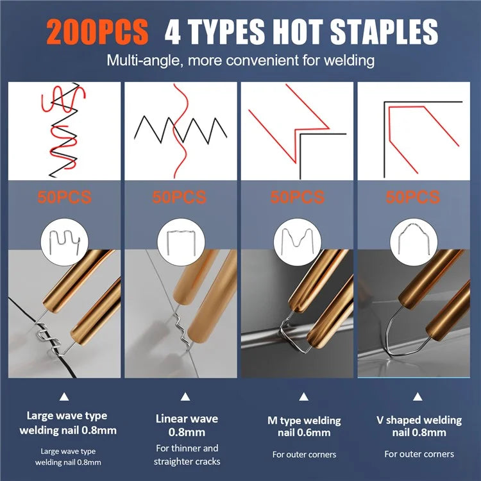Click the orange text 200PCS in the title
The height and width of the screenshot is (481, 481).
pyautogui.click(x=97, y=31)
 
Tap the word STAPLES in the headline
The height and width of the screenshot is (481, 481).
pyautogui.click(x=384, y=31)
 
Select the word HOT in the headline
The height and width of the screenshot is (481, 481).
pyautogui.click(x=297, y=31)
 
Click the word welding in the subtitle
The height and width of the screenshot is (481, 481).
pyautogui.click(x=349, y=60)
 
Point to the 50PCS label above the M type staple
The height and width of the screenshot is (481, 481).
pyautogui.click(x=297, y=197)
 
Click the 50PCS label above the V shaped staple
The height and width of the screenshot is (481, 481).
pyautogui.click(x=412, y=197)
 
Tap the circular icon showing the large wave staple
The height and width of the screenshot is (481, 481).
pyautogui.click(x=64, y=242)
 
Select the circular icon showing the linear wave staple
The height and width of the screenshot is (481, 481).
pyautogui.click(x=181, y=242)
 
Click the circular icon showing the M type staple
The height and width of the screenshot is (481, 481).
pyautogui.click(x=297, y=242)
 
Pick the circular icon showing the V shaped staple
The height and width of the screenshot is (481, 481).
pyautogui.click(x=414, y=242)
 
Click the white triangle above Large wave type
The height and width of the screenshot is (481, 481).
pyautogui.click(x=64, y=396)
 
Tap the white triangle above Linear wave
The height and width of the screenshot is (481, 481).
pyautogui.click(x=185, y=396)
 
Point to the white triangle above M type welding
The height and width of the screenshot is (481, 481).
pyautogui.click(x=304, y=396)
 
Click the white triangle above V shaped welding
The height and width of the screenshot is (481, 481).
pyautogui.click(x=418, y=396)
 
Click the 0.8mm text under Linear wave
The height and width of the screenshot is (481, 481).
pyautogui.click(x=187, y=432)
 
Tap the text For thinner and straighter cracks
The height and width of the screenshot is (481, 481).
pyautogui.click(x=187, y=455)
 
